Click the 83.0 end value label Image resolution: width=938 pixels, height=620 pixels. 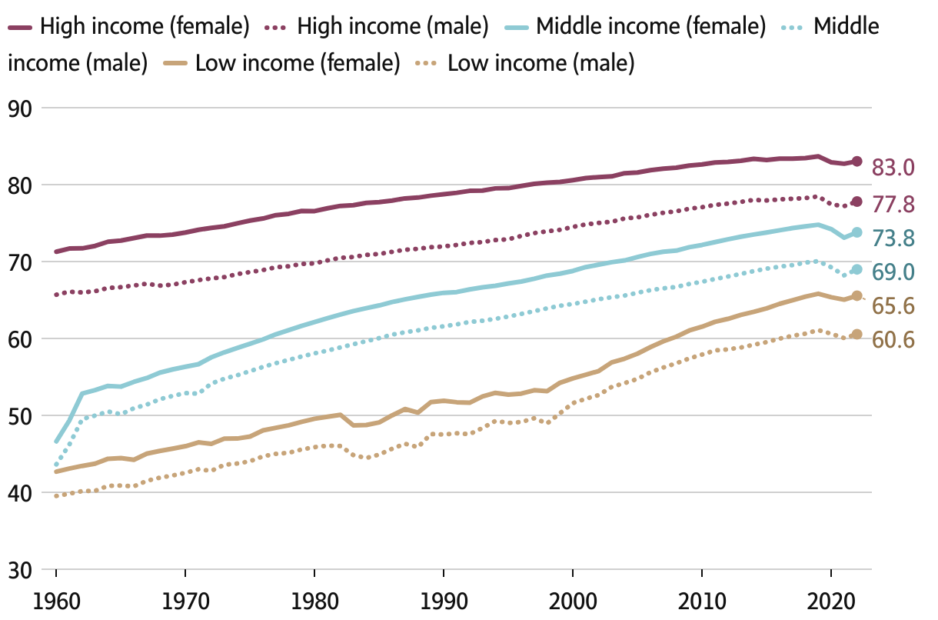[x=892, y=168]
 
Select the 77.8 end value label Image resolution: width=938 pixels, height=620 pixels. [x=892, y=204]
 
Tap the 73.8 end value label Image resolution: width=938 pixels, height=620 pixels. [x=892, y=238]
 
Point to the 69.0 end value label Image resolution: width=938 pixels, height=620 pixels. [x=892, y=272]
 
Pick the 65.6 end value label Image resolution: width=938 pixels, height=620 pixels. [x=892, y=305]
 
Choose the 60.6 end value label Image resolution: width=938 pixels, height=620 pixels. [x=892, y=338]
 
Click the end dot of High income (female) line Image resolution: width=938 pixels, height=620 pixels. [x=857, y=162]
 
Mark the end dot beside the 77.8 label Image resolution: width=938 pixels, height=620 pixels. [x=857, y=202]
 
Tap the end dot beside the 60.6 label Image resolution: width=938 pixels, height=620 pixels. [x=857, y=335]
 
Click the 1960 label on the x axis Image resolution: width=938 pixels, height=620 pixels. [x=56, y=600]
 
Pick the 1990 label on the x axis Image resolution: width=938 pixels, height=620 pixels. [x=444, y=600]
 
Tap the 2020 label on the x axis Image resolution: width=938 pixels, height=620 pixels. [x=830, y=600]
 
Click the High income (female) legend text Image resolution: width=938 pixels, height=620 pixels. [x=145, y=28]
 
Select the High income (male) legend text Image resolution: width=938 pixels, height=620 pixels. [x=392, y=28]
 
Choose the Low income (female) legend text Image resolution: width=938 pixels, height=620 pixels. [x=298, y=63]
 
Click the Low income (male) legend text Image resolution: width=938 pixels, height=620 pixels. [x=541, y=63]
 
